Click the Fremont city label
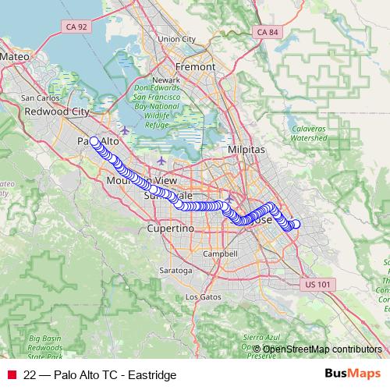pos(197,67)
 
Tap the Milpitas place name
pos(247,148)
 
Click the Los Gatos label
pos(203,297)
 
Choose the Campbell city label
pos(219,254)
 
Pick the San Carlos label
pos(38,98)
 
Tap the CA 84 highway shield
pos(267,32)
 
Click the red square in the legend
pos(12,374)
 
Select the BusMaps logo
pos(353,374)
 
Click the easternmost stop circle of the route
pos(295,225)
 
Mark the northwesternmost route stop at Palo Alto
pos(94,141)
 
